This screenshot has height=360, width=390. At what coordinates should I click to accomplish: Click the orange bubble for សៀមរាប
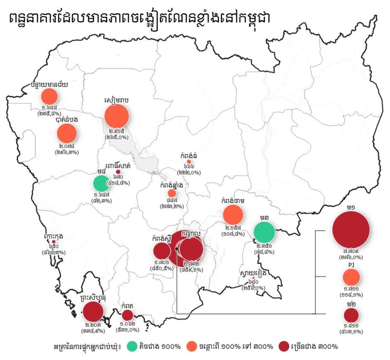click(117, 116)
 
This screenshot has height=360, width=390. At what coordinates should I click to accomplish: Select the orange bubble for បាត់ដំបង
click(67, 133)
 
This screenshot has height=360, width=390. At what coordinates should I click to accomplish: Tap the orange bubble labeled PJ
click(351, 277)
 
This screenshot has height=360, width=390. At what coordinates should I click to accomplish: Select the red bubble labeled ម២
click(351, 316)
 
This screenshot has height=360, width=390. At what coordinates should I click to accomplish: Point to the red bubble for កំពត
click(127, 315)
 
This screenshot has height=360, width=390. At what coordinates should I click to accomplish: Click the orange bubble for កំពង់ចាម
click(233, 215)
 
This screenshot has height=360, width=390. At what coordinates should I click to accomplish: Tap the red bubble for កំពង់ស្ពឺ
click(162, 251)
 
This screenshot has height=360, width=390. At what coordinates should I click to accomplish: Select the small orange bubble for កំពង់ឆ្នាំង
click(172, 193)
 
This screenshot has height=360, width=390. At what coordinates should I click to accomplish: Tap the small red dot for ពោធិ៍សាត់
click(117, 172)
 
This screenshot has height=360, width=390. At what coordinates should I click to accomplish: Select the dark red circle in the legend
click(284, 346)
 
